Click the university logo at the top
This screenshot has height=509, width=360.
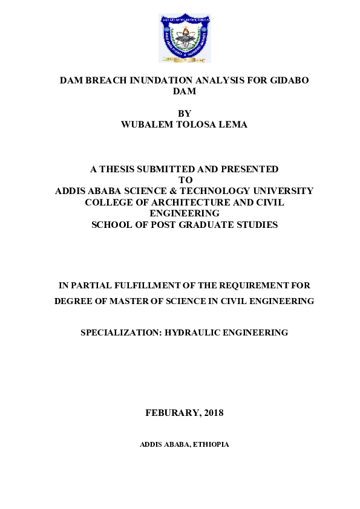point(185,38)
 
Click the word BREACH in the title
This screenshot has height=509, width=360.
point(110,80)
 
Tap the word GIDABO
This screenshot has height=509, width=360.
point(286,80)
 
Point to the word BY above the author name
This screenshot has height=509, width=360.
point(185,113)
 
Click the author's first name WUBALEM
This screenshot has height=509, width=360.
point(149,124)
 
